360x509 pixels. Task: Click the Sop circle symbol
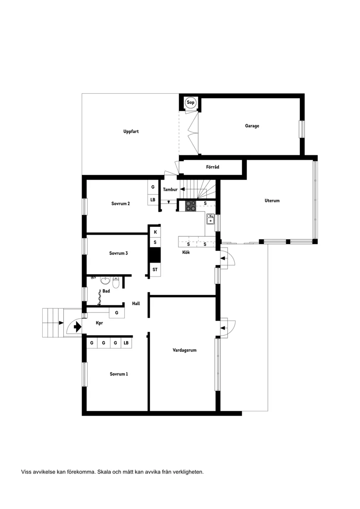[x=190, y=103]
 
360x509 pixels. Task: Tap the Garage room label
[x=252, y=126]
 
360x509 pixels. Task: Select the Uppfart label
[x=131, y=131]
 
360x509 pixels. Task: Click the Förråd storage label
[x=213, y=167]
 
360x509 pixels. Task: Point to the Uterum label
[x=272, y=201]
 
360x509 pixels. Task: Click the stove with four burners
[x=190, y=205]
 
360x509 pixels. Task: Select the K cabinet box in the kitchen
[x=155, y=232]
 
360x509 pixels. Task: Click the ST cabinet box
[x=155, y=270]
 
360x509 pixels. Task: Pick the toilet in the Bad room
[x=116, y=283]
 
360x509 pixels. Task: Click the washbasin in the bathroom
[x=105, y=280]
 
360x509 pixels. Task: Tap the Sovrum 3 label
[x=118, y=253]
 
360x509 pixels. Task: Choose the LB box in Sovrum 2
[x=153, y=200]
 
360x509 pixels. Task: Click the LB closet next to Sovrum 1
[x=126, y=343]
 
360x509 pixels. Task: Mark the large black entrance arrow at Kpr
[x=78, y=326]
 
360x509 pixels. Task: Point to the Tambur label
[x=170, y=190]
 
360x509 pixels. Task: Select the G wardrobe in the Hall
[x=117, y=313]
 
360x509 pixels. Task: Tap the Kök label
[x=186, y=253]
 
